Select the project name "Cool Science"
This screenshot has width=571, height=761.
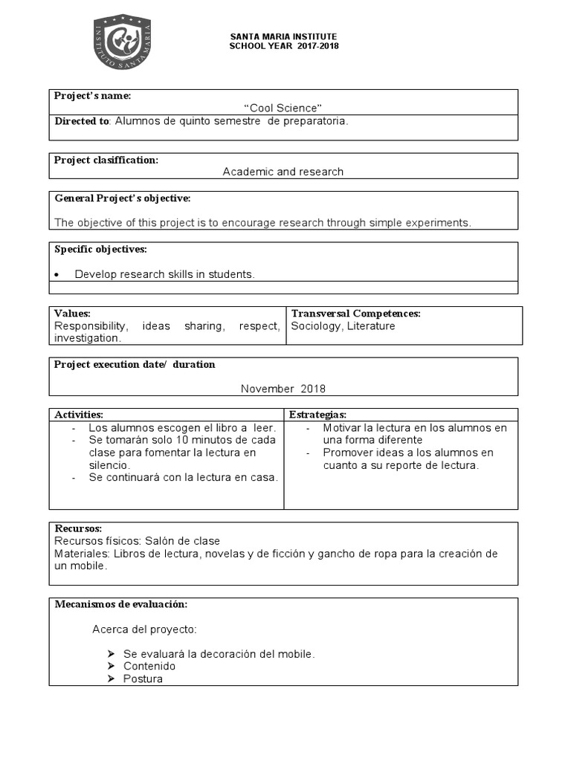point(283,109)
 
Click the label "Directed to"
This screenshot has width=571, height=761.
point(82,120)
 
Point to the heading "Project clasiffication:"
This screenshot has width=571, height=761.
point(106,160)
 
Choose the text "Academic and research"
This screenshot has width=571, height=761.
point(283,172)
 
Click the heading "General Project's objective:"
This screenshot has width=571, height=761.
point(123,198)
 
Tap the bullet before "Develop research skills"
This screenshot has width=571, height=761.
point(58,275)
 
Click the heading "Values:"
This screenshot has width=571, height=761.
point(72,314)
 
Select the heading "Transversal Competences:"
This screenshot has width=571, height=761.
point(355,314)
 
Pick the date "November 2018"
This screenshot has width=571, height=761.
point(283,389)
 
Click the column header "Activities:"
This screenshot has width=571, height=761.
point(79,414)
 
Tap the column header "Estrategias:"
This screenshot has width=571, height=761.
point(317,414)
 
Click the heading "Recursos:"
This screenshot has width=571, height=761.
point(78,528)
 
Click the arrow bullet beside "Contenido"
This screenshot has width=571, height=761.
point(111,666)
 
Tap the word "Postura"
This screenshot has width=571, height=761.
point(143,679)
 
